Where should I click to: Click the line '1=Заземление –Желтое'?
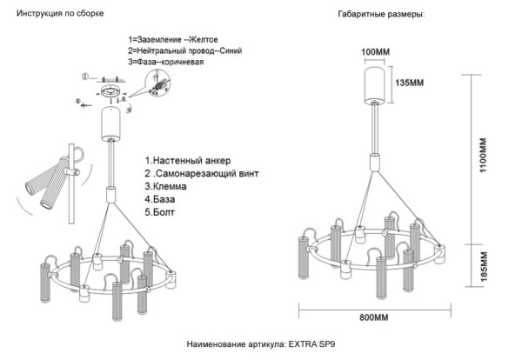click(173, 41)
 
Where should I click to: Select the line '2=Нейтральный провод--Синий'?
click(184, 51)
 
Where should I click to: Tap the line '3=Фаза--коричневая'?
click(167, 63)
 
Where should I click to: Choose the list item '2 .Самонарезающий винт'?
click(202, 174)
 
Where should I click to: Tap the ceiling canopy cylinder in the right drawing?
click(377, 81)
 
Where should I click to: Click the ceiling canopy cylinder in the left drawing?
click(111, 124)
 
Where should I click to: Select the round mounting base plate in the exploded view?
click(110, 93)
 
